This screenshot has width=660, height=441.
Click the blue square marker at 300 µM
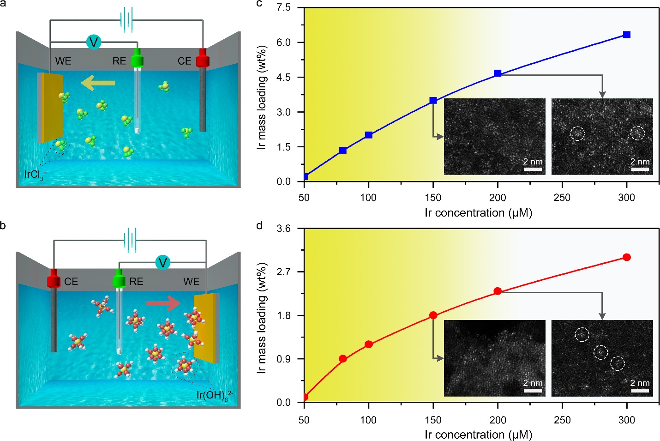click(626, 35)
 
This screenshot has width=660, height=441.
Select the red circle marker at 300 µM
click(626, 257)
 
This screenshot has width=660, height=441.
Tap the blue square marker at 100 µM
click(368, 135)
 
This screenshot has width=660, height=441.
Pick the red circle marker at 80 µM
click(342, 359)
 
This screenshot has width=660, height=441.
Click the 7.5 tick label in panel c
click(283, 7)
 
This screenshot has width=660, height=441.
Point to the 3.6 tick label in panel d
click(283, 229)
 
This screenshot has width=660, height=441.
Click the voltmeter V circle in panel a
click(94, 42)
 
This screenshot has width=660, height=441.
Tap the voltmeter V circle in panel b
click(162, 262)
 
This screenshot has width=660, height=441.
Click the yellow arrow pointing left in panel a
click(98, 83)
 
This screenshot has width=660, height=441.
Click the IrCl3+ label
click(35, 175)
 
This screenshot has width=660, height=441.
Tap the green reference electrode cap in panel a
click(137, 60)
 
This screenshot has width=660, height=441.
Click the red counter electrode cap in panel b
click(54, 281)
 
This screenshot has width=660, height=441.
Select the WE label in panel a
click(63, 61)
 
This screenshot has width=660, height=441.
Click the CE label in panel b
click(71, 282)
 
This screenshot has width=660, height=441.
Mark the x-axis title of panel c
click(478, 213)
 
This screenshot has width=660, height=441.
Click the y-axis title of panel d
click(262, 318)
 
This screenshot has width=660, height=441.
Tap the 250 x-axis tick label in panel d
click(562, 420)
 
